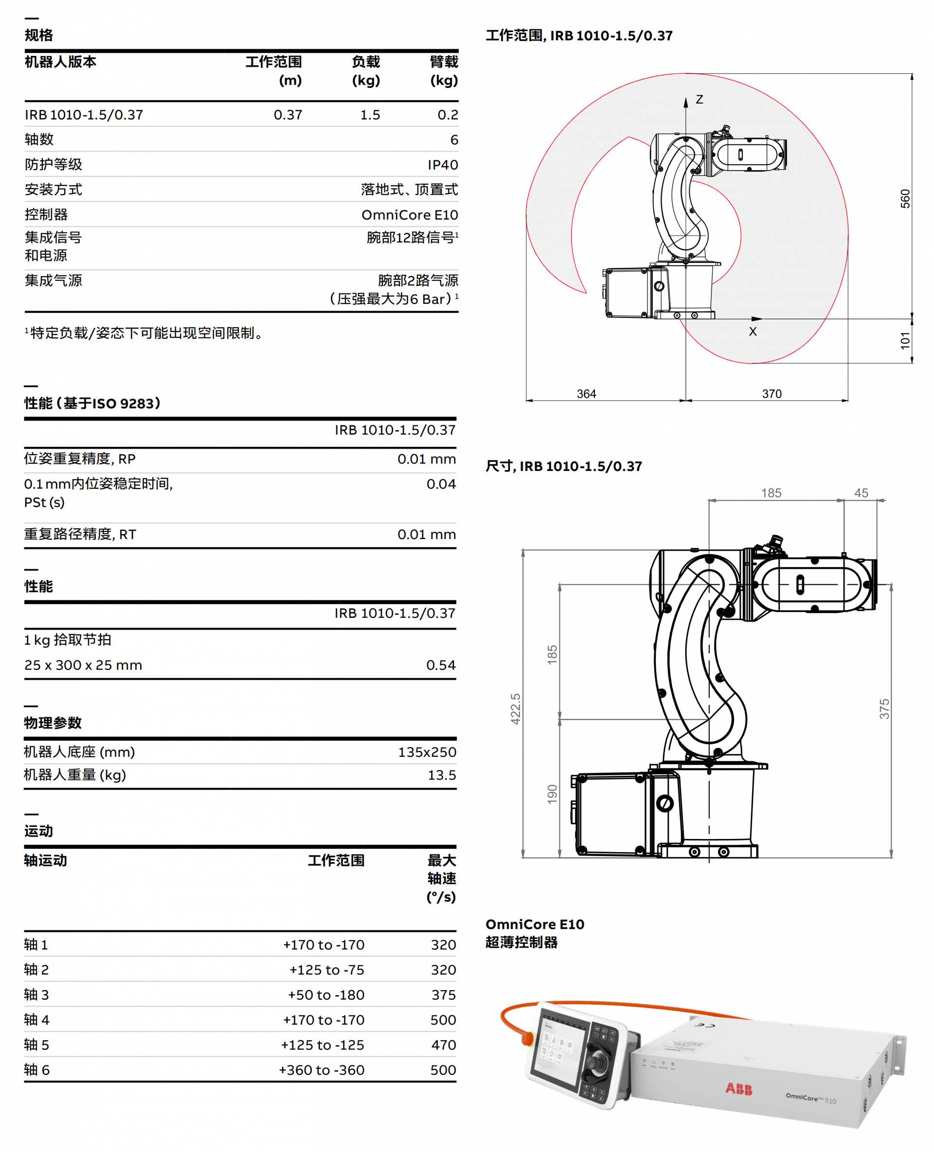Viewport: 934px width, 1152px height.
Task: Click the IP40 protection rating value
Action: (x=442, y=164)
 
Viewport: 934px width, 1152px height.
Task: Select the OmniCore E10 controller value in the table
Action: (x=410, y=215)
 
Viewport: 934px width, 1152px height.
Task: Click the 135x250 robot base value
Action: (x=427, y=752)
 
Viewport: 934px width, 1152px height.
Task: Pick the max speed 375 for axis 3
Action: (x=443, y=995)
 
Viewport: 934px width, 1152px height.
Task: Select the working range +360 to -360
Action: (x=321, y=1070)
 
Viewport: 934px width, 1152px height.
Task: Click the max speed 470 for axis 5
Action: (x=443, y=1045)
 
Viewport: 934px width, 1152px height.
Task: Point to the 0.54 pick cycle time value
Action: (x=441, y=665)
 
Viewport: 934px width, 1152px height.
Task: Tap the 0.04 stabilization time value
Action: (x=441, y=484)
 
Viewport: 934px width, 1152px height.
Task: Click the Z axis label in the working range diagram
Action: (x=699, y=100)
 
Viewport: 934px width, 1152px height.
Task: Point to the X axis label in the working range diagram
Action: (x=752, y=332)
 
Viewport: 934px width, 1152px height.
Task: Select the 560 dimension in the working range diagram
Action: (x=905, y=198)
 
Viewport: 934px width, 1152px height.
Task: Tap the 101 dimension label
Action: (x=905, y=340)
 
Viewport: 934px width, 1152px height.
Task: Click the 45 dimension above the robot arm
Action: (x=861, y=492)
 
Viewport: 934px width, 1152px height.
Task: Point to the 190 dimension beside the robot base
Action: (x=552, y=795)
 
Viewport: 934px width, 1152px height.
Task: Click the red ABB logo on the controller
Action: (x=739, y=1089)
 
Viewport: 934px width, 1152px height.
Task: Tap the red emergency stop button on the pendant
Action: (x=528, y=1039)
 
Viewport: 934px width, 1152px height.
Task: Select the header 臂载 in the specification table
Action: (x=443, y=62)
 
